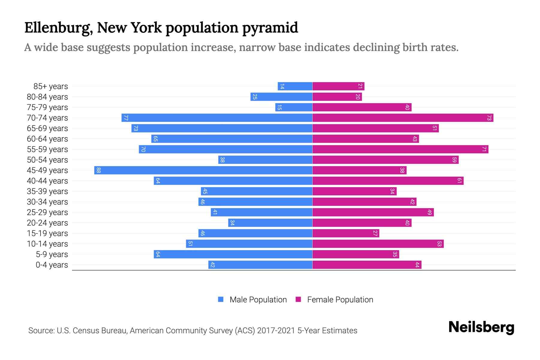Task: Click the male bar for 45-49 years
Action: pyautogui.click(x=203, y=170)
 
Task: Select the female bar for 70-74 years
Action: pyautogui.click(x=403, y=118)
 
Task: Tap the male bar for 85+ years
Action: pyautogui.click(x=295, y=86)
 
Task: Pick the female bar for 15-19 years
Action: pyautogui.click(x=346, y=233)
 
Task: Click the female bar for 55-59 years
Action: pyautogui.click(x=400, y=149)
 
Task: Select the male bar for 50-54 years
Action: pyautogui.click(x=265, y=160)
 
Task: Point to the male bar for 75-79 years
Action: pyautogui.click(x=294, y=107)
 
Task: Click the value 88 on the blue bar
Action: pyautogui.click(x=98, y=170)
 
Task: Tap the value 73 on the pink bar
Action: pyautogui.click(x=489, y=118)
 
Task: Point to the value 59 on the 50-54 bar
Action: pyautogui.click(x=454, y=160)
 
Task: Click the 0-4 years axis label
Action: pyautogui.click(x=52, y=265)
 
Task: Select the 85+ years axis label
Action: pyautogui.click(x=50, y=86)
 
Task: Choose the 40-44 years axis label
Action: pyautogui.click(x=47, y=181)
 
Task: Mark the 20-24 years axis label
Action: pyautogui.click(x=47, y=223)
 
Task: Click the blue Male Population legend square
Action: pyautogui.click(x=221, y=299)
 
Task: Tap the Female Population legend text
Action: pyautogui.click(x=340, y=299)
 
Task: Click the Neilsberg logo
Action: pyautogui.click(x=481, y=327)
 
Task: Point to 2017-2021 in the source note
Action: pyautogui.click(x=276, y=331)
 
